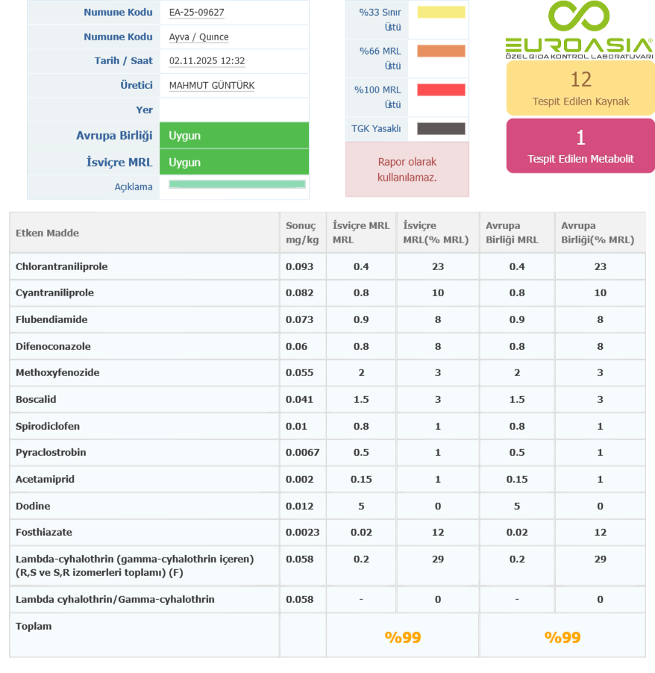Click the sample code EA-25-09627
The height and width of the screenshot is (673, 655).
[196, 13]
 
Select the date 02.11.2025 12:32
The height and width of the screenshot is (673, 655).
[207, 61]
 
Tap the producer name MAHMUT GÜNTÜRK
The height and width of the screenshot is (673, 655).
[211, 86]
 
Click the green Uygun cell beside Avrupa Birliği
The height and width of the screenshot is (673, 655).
[234, 136]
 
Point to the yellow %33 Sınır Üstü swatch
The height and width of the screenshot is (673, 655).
[441, 13]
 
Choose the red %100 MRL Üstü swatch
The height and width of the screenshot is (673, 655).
[441, 90]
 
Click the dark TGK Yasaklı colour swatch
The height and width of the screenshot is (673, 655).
[441, 129]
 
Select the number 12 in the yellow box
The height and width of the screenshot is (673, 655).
[580, 79]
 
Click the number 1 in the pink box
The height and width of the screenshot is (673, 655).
[580, 137]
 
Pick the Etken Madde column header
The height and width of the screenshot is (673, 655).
[47, 233]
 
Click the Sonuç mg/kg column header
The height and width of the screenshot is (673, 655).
[301, 233]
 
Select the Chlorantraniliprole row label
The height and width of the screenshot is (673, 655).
[61, 266]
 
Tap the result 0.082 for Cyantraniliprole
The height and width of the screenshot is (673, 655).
[299, 293]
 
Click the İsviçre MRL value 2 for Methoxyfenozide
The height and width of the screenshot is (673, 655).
[361, 373]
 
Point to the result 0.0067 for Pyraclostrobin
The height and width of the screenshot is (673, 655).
[302, 453]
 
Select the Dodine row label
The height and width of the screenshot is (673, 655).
[33, 506]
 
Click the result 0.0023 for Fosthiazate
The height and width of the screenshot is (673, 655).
[302, 533]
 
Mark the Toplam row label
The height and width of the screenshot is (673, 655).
[34, 627]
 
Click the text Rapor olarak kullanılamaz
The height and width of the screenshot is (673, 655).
[407, 169]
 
